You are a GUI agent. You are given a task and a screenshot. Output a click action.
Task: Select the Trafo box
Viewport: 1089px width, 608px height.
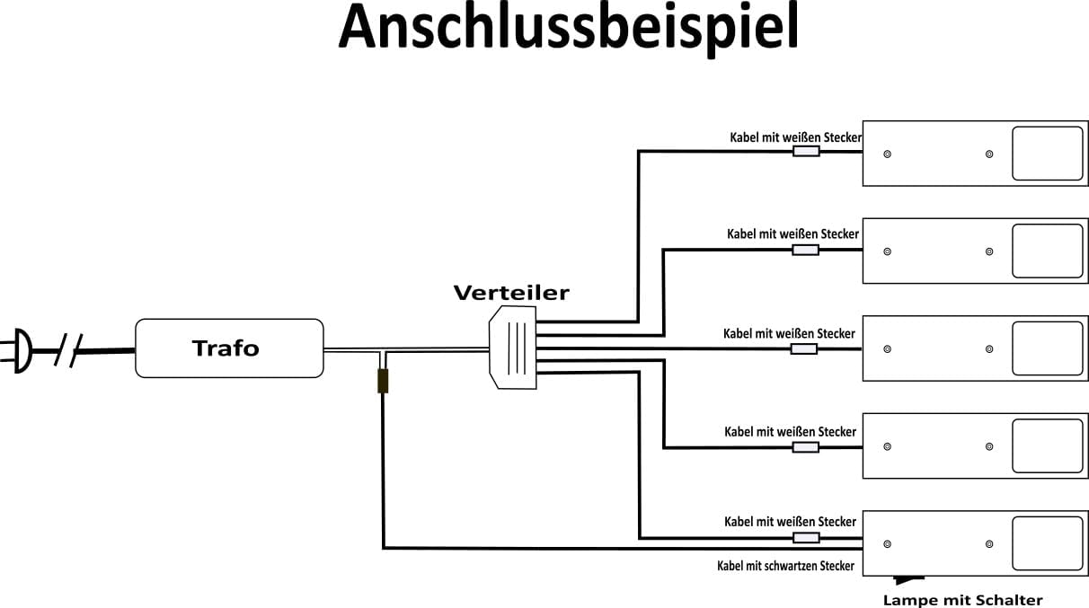tap(229, 348)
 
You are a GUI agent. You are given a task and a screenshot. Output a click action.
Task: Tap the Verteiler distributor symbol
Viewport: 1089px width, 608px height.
tap(513, 347)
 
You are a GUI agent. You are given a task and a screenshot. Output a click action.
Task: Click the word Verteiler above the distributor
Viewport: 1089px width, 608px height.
tap(511, 293)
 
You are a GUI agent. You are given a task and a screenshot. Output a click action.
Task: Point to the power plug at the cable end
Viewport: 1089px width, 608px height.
tap(19, 350)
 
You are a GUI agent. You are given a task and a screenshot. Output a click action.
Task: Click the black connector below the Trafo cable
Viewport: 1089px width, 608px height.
tap(383, 381)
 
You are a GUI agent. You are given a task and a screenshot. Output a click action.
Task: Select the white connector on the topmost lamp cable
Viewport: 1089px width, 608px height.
tap(806, 152)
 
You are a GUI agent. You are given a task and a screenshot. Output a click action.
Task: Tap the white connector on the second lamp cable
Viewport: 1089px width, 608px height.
tap(805, 250)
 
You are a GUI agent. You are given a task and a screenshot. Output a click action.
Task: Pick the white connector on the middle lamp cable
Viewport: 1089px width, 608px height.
tap(803, 348)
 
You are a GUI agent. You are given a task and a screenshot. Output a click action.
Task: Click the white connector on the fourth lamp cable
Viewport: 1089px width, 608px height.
tap(805, 446)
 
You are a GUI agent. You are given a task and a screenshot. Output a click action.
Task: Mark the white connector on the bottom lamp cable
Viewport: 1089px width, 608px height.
tap(806, 538)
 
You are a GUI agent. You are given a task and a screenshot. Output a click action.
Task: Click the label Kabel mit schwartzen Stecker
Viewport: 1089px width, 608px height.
tap(785, 566)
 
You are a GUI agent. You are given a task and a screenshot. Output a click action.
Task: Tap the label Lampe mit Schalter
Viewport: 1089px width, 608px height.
tap(962, 600)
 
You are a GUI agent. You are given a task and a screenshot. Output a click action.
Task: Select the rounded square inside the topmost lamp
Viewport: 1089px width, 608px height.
tap(1047, 154)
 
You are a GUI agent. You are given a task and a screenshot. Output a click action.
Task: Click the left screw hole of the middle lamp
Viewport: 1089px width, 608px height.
tap(888, 348)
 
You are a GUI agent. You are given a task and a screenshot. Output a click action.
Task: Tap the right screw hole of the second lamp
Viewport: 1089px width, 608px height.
tap(989, 251)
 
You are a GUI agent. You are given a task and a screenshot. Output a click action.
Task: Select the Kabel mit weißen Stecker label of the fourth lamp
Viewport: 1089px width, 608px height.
tap(790, 432)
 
